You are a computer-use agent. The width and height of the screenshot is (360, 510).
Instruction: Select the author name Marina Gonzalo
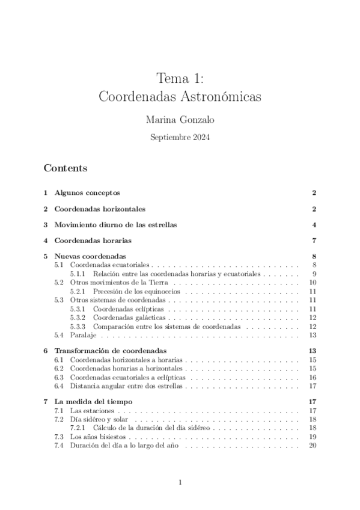(x=180, y=120)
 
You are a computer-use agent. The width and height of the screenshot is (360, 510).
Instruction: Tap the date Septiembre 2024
(x=180, y=137)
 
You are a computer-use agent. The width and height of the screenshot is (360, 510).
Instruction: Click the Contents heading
(x=66, y=168)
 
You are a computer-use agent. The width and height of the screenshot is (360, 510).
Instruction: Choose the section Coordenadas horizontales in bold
(x=100, y=209)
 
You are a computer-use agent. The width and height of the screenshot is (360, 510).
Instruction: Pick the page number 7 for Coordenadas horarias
(x=314, y=241)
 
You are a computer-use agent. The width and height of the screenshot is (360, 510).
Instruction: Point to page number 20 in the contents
(x=312, y=445)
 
